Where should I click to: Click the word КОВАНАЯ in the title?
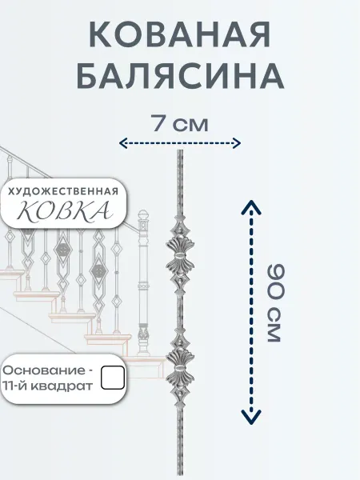pos(180,34)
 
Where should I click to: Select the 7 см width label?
pos(180,124)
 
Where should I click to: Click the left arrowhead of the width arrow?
pos(122,143)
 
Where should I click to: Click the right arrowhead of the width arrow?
pos(238,143)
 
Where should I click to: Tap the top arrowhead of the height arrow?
pos(251,206)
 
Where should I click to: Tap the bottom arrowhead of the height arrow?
pos(251,418)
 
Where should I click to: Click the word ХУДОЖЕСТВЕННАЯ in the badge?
pos(63,192)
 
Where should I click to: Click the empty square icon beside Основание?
pos(113,378)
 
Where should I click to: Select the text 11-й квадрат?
pos(48,386)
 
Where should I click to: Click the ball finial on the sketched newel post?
pos(143,214)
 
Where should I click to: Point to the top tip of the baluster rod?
pos(180,150)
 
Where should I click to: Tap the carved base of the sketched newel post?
pos(143,340)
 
